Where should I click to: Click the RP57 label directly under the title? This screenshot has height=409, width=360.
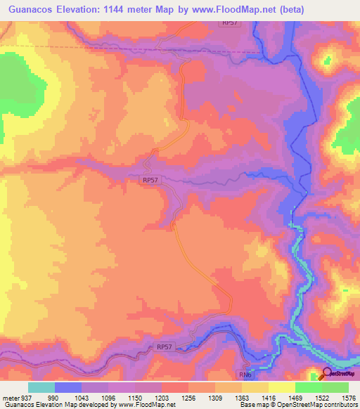[230, 23]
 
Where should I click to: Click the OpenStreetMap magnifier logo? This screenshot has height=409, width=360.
[328, 375]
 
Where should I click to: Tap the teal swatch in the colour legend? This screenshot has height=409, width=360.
[41, 388]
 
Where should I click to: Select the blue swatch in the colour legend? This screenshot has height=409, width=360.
[68, 388]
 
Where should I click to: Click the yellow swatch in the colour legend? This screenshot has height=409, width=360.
[281, 388]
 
